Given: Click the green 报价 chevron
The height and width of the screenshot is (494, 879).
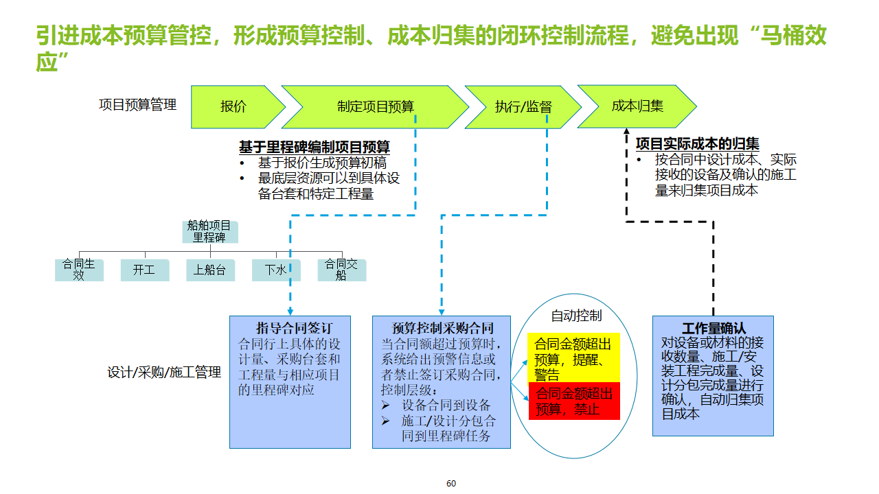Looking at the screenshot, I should (x=233, y=107).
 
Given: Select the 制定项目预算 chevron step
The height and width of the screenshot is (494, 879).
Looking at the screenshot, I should (x=376, y=107).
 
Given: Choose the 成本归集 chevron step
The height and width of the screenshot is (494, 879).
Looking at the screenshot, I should (x=637, y=106).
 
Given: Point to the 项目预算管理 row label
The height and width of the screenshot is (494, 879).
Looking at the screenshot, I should (x=137, y=105).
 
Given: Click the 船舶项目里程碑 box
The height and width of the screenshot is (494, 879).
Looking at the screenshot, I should (x=209, y=232).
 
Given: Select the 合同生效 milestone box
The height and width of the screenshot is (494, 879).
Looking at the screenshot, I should (x=79, y=270).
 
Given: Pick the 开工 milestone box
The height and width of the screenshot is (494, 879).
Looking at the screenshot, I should (x=144, y=270).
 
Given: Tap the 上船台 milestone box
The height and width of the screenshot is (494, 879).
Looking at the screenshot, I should (x=209, y=270).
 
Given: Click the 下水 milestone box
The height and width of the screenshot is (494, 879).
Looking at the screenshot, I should (x=275, y=270).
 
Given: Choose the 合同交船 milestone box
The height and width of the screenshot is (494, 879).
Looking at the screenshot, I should (x=341, y=270).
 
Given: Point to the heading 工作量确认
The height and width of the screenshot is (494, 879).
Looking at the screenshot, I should (x=714, y=329).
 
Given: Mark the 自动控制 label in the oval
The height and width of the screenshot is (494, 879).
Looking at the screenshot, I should (x=576, y=316).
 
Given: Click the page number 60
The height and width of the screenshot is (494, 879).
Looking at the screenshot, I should (x=451, y=484).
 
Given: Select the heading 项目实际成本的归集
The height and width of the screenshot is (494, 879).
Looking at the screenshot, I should (x=698, y=144).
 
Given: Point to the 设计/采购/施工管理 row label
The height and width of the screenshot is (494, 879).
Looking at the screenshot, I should (x=164, y=373).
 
